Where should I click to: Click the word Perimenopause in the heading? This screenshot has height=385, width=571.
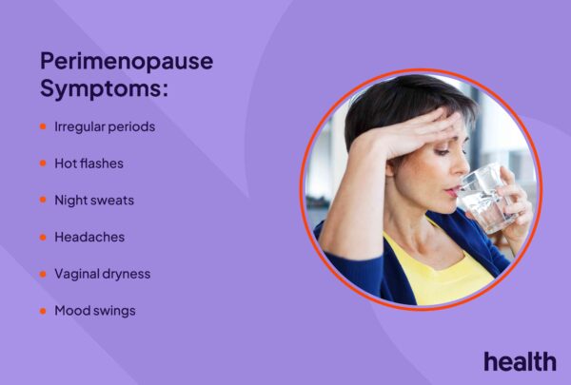pyautogui.click(x=127, y=62)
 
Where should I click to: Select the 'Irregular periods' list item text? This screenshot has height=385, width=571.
pyautogui.click(x=105, y=127)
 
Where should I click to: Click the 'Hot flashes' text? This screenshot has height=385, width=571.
pyautogui.click(x=89, y=164)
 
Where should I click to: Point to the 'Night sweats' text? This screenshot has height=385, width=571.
pyautogui.click(x=94, y=201)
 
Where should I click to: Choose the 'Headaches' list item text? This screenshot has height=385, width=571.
pyautogui.click(x=89, y=237)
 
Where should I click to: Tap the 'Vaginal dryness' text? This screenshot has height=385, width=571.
pyautogui.click(x=103, y=274)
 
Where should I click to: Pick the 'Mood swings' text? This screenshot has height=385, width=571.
pyautogui.click(x=95, y=311)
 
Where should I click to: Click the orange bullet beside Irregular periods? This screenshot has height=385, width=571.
pyautogui.click(x=43, y=126)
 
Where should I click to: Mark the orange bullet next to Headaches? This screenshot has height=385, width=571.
pyautogui.click(x=43, y=238)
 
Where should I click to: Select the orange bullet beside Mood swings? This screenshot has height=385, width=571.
pyautogui.click(x=43, y=311)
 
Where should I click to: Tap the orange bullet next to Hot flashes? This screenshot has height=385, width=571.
pyautogui.click(x=43, y=163)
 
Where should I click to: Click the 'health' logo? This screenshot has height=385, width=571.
pyautogui.click(x=520, y=361)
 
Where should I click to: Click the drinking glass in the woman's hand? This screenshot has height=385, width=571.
pyautogui.click(x=485, y=198)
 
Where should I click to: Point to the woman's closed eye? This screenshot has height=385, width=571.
pyautogui.click(x=443, y=152)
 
